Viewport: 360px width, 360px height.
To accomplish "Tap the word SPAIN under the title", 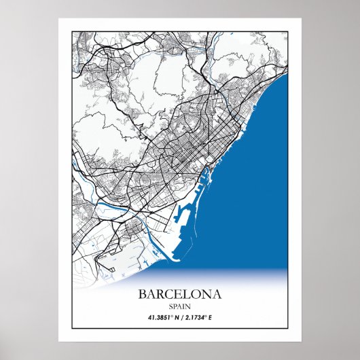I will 179,306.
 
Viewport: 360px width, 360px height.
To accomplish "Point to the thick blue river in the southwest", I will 109,203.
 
